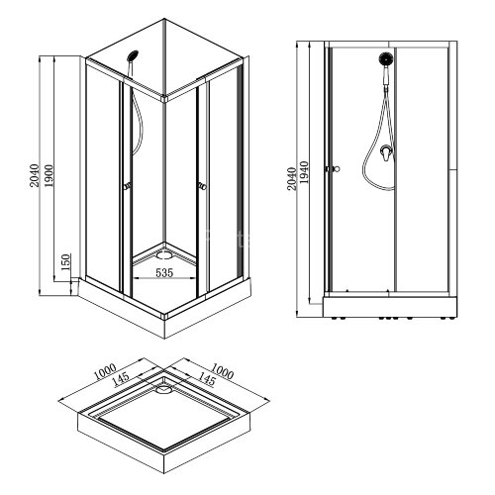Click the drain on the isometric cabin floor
(x=164, y=251)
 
